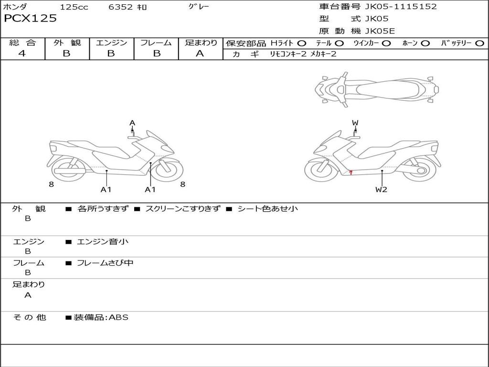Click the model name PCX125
click(30, 19)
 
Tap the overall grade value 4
click(22, 54)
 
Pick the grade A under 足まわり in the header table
click(200, 54)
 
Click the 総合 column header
click(22, 43)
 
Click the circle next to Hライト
click(302, 43)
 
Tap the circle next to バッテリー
click(480, 43)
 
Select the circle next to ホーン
click(425, 43)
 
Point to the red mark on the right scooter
click(351, 172)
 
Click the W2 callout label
click(381, 189)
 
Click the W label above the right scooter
click(355, 123)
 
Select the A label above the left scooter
click(132, 123)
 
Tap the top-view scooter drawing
click(376, 89)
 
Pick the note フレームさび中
click(105, 263)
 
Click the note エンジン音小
click(103, 242)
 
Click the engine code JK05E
click(380, 31)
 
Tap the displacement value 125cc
click(74, 7)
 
